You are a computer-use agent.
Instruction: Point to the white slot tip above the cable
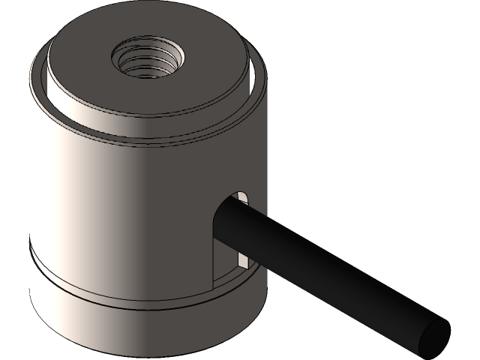[x=242, y=198]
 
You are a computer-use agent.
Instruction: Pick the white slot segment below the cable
[x=243, y=259]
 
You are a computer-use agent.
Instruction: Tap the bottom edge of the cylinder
[x=142, y=344]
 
